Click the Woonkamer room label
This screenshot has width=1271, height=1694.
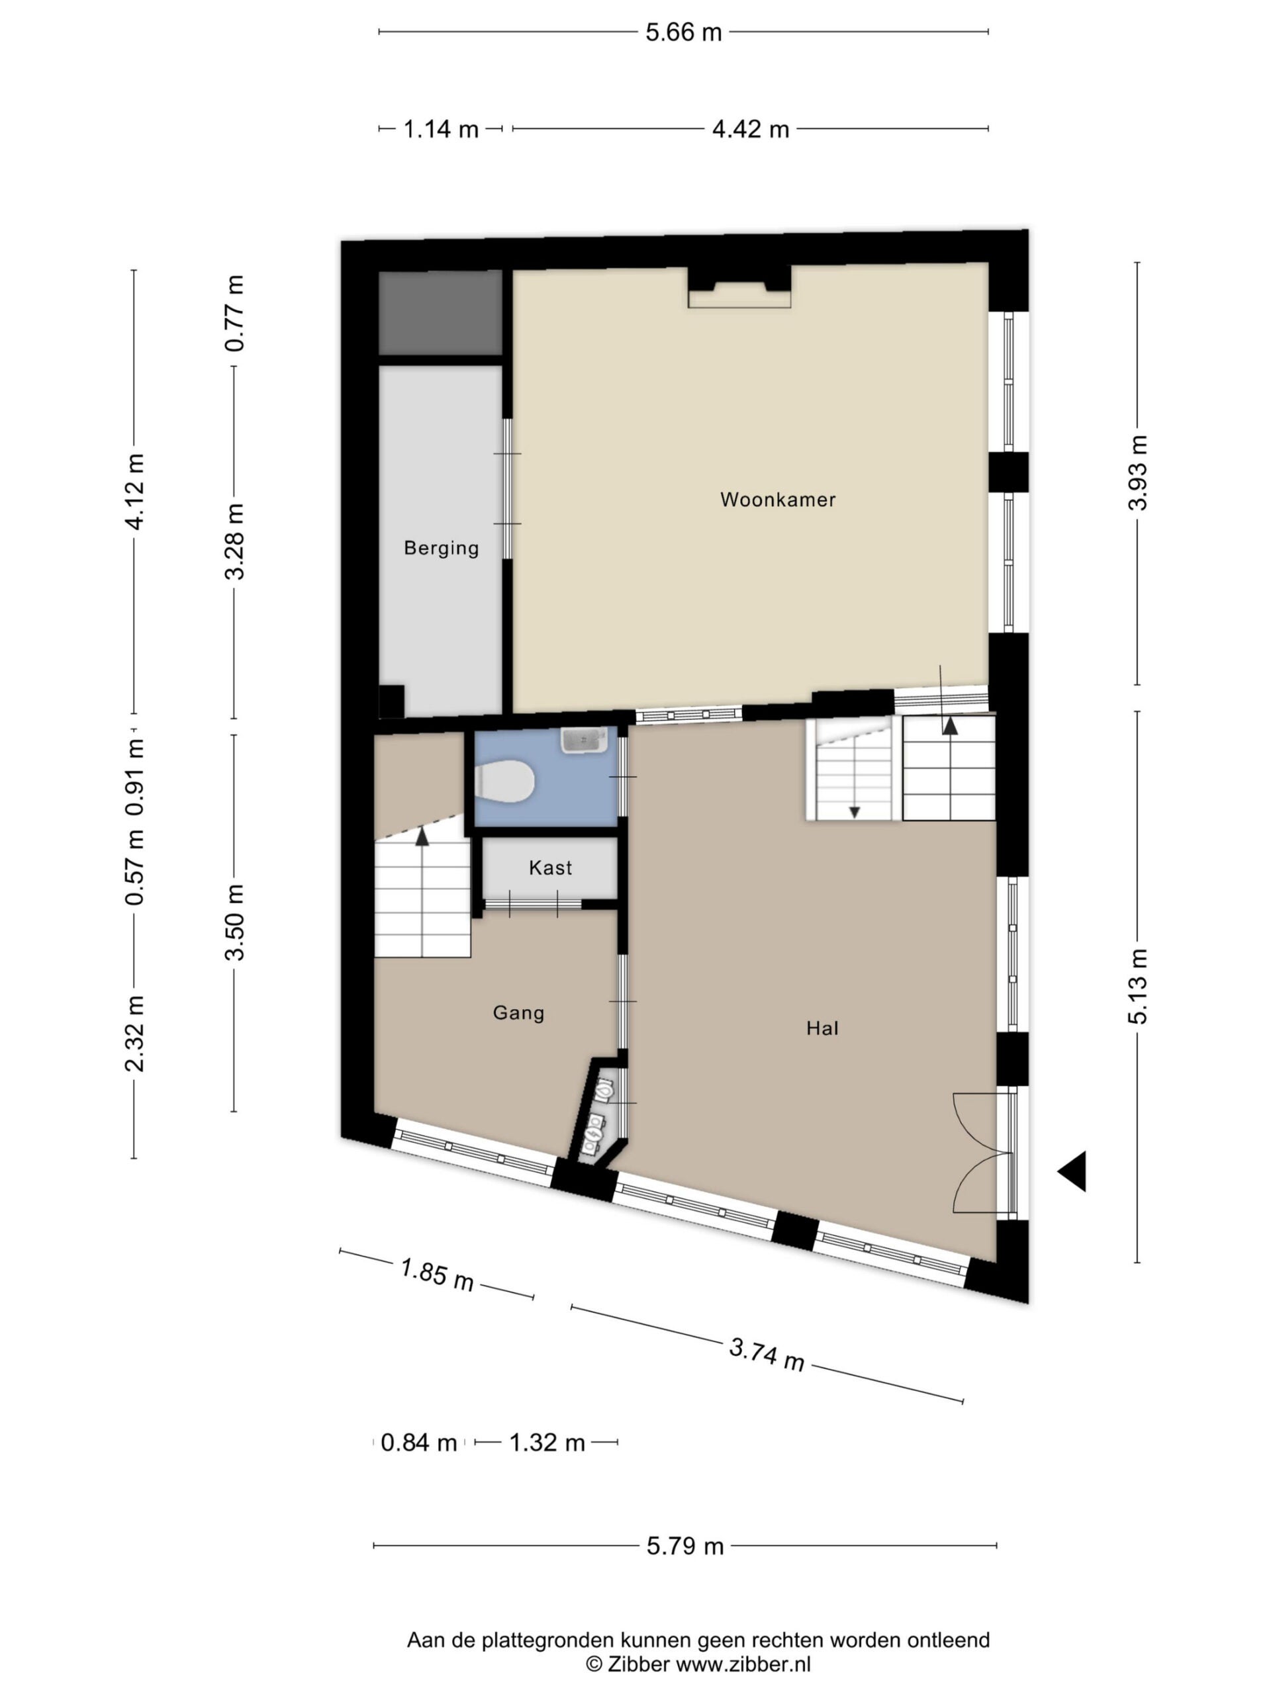(778, 500)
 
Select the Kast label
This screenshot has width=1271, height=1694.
(550, 868)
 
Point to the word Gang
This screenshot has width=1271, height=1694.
(519, 1013)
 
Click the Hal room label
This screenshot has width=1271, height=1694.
(822, 1028)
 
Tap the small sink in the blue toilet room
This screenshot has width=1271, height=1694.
(585, 740)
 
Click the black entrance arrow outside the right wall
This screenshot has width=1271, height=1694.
(1072, 1171)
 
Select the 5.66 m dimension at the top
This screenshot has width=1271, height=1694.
(683, 32)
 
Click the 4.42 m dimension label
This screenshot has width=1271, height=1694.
(750, 130)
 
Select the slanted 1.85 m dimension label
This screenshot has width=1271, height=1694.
(437, 1274)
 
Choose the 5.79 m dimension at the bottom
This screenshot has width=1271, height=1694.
(685, 1546)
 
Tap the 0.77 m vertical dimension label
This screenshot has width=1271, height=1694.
(235, 313)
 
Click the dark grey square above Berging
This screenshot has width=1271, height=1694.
(440, 312)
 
